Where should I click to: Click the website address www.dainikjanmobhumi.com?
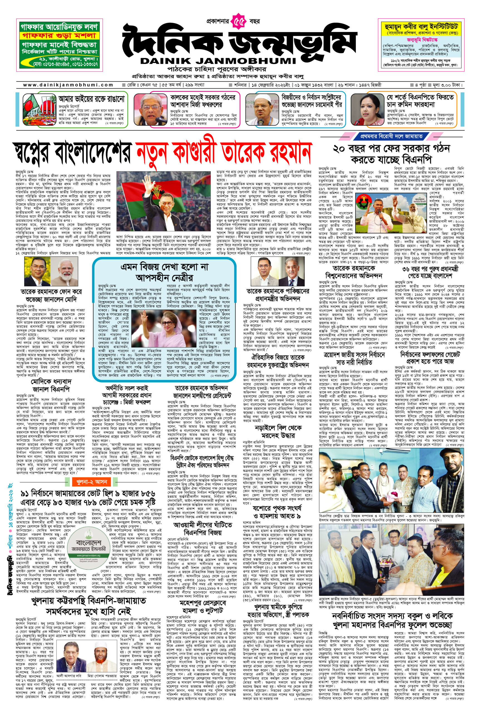tap(68, 85)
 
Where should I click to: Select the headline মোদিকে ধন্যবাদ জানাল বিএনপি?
tap(51, 385)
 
